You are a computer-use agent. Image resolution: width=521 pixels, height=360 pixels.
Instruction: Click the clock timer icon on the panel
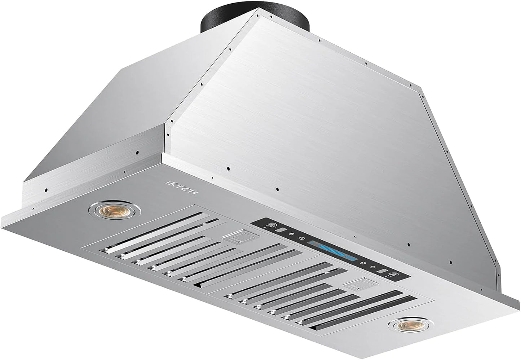[x=302, y=239]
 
